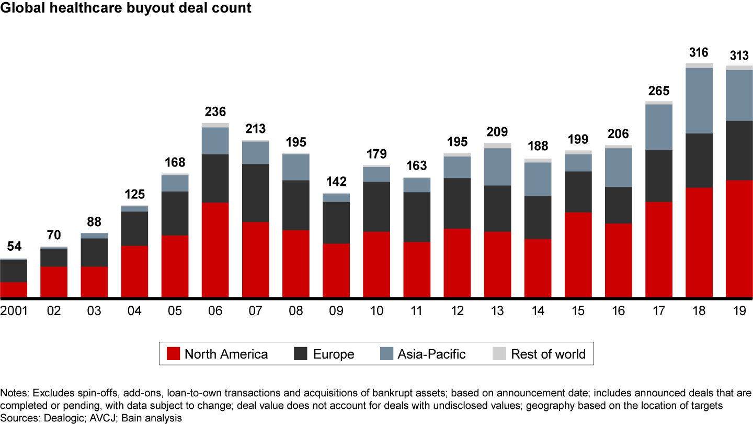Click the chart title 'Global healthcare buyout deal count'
(x=125, y=8)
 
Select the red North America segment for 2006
(x=215, y=250)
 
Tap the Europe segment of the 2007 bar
(x=256, y=193)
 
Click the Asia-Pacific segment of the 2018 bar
(x=699, y=101)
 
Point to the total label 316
(x=699, y=53)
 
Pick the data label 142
(x=336, y=182)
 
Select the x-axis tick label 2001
(x=14, y=311)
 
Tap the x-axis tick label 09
(x=336, y=311)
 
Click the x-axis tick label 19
(x=739, y=311)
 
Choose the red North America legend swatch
(x=173, y=354)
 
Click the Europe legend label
(x=334, y=354)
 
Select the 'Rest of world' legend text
(x=549, y=354)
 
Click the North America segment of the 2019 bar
(x=739, y=239)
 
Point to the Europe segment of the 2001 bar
(x=14, y=271)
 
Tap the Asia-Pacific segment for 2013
(x=497, y=166)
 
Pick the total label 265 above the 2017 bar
(x=659, y=91)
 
